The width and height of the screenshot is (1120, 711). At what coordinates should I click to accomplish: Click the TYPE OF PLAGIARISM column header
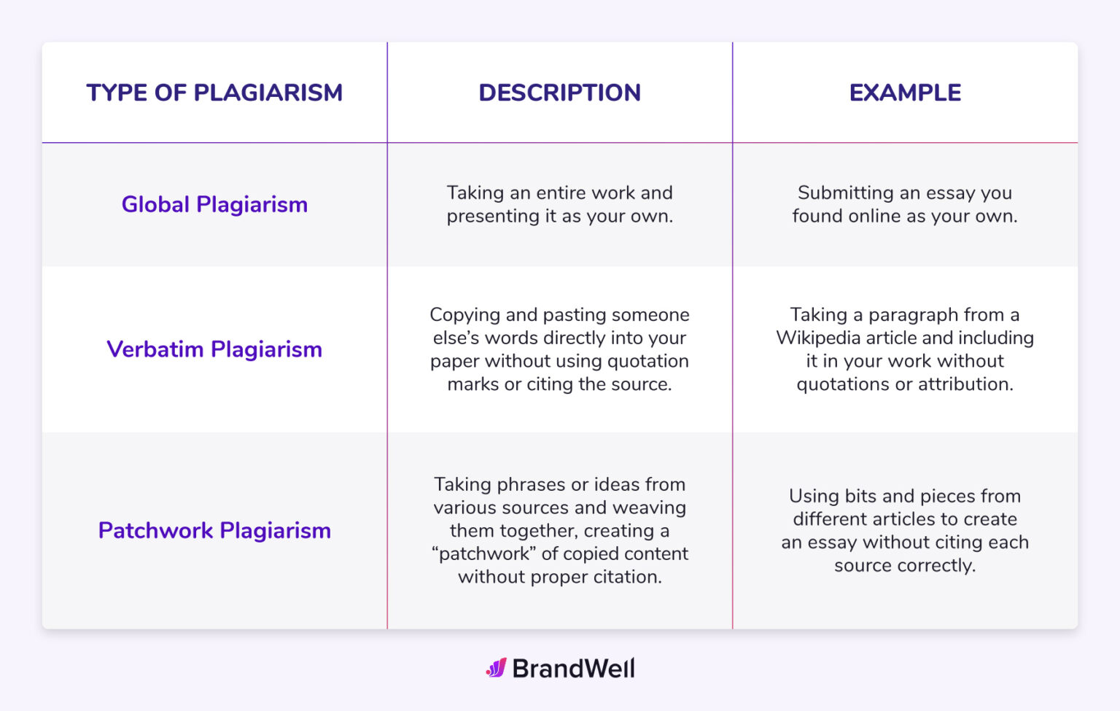tap(214, 93)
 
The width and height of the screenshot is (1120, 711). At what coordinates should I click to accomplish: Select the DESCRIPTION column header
tap(559, 93)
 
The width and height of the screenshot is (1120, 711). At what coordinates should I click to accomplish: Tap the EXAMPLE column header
tap(905, 93)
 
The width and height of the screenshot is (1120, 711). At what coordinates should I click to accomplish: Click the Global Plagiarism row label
tap(214, 204)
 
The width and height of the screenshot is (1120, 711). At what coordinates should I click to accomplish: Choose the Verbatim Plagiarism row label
tap(214, 349)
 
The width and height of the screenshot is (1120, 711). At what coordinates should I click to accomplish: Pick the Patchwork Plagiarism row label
tap(214, 530)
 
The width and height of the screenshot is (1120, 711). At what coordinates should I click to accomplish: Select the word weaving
tap(649, 508)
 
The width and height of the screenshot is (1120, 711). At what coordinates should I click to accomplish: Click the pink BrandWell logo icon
tap(497, 668)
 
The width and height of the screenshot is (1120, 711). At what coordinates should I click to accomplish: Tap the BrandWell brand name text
tap(573, 669)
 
